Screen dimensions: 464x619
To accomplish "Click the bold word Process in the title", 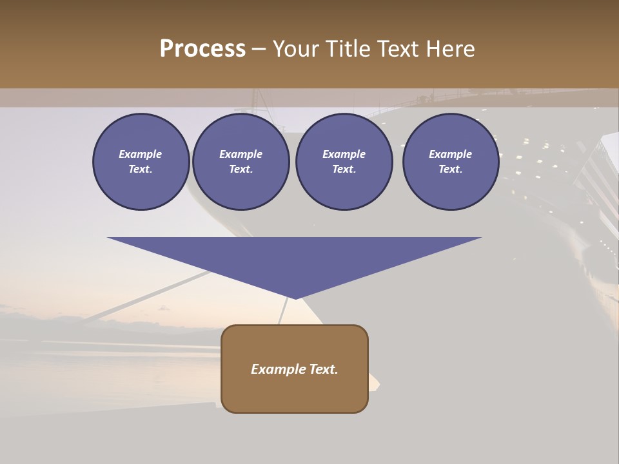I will [202, 49].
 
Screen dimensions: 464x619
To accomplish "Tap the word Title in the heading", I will [349, 49].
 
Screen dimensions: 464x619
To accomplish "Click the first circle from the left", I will [141, 162].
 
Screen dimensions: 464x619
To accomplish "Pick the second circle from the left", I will [241, 162].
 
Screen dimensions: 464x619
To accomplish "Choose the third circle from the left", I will [344, 162].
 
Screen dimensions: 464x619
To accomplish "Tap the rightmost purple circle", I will [451, 162].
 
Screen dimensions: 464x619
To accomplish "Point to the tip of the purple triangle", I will [295, 298].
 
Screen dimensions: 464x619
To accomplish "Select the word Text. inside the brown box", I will [324, 369].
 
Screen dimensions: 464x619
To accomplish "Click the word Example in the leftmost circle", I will [141, 154].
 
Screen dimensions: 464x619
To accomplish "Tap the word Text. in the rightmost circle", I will [451, 169].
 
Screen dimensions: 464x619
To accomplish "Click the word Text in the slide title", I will [398, 49].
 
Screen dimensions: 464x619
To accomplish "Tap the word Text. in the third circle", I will [344, 169].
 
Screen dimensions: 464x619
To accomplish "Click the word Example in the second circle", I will [241, 154].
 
